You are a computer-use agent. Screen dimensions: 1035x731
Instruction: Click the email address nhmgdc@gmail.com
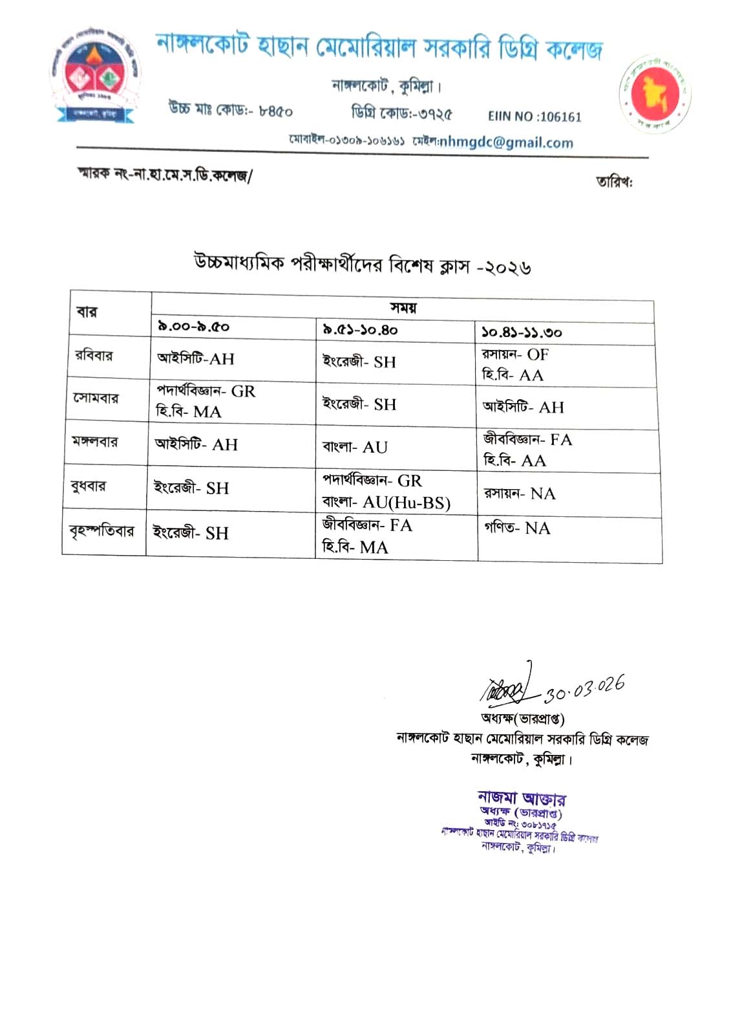506,143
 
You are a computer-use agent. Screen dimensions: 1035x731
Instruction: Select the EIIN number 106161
535,117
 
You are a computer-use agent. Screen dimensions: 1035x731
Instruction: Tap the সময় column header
403,307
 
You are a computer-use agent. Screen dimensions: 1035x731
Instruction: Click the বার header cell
87,312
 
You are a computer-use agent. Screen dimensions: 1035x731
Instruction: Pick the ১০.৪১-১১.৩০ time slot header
521,333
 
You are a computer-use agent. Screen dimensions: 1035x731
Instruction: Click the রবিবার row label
94,356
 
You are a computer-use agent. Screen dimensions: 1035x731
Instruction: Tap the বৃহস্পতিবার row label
101,532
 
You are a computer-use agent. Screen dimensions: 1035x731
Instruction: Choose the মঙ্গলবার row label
94,442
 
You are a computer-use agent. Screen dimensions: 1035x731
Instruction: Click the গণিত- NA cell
517,528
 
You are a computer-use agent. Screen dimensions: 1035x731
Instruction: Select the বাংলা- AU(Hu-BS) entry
386,503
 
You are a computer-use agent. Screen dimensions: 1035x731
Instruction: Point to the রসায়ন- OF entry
515,354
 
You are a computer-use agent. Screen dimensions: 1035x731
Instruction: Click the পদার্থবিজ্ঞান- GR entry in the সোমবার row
206,391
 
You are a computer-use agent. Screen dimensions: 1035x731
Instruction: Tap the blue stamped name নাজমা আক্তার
522,798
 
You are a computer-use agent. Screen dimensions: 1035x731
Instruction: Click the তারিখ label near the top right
614,182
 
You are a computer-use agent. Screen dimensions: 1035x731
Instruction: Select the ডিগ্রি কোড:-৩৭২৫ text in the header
401,114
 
